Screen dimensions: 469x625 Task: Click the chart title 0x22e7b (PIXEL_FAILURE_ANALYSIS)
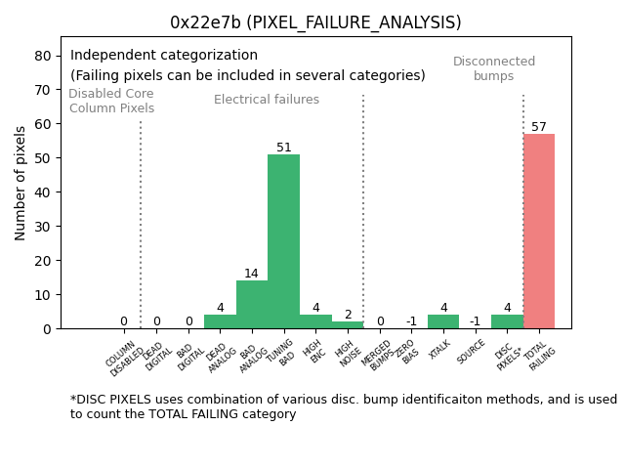pyautogui.click(x=315, y=22)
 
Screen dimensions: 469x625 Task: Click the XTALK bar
pyautogui.click(x=443, y=321)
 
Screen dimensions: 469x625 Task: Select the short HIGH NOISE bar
pyautogui.click(x=348, y=324)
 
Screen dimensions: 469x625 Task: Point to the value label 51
pyautogui.click(x=284, y=148)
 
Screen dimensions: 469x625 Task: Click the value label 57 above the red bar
pyautogui.click(x=539, y=127)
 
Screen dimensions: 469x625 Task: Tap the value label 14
pyautogui.click(x=252, y=275)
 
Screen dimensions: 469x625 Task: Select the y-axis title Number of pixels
pyautogui.click(x=21, y=183)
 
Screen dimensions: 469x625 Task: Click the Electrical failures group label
pyautogui.click(x=267, y=100)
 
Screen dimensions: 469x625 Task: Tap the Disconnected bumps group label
pyautogui.click(x=494, y=68)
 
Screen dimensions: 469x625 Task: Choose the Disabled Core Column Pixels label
pyautogui.click(x=111, y=101)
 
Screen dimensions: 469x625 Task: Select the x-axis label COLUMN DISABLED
pyautogui.click(x=125, y=359)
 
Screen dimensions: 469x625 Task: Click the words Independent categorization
pyautogui.click(x=164, y=56)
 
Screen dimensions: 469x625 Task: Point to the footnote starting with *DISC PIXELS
pyautogui.click(x=343, y=406)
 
